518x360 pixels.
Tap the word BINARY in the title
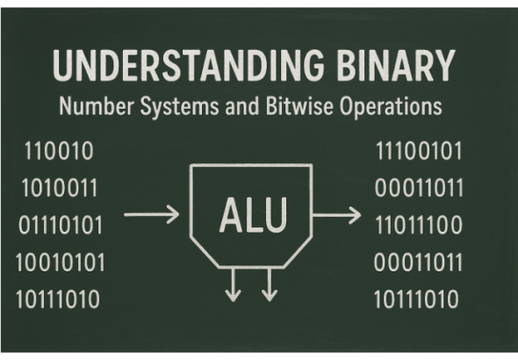(396, 65)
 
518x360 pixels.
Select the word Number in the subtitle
(97, 106)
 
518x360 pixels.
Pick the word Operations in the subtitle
(391, 106)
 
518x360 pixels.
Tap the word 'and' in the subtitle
(242, 106)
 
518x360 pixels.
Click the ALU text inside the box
(253, 215)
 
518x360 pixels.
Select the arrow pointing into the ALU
(152, 214)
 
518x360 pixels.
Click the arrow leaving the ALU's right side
(336, 215)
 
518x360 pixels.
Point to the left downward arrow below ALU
(234, 284)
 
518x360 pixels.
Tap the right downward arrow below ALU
(270, 284)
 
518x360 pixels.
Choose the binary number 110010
(59, 151)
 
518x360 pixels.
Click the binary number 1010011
(60, 188)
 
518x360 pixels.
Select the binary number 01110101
(61, 225)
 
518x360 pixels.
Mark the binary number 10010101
(60, 263)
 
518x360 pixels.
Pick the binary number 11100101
(419, 151)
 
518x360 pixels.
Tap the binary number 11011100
(419, 225)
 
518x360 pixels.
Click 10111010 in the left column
(58, 299)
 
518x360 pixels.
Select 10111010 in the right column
(416, 299)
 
